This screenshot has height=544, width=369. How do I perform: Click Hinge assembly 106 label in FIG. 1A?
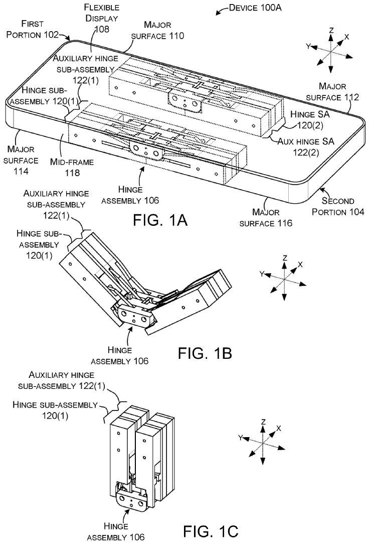click(x=130, y=194)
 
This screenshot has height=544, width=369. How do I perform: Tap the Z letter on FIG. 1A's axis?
click(x=331, y=30)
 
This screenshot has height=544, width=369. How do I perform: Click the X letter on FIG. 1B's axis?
click(x=300, y=264)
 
